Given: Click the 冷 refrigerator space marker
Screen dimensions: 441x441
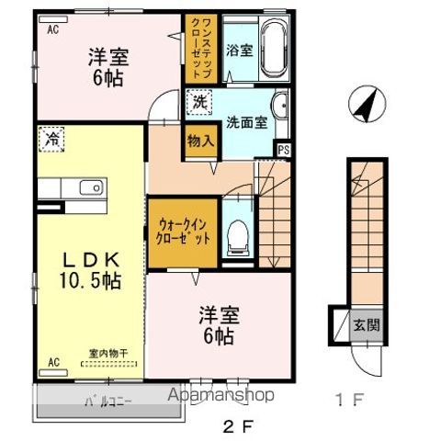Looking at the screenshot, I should click(x=50, y=140).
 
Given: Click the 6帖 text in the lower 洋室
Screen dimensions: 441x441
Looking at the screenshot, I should click(x=219, y=335).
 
